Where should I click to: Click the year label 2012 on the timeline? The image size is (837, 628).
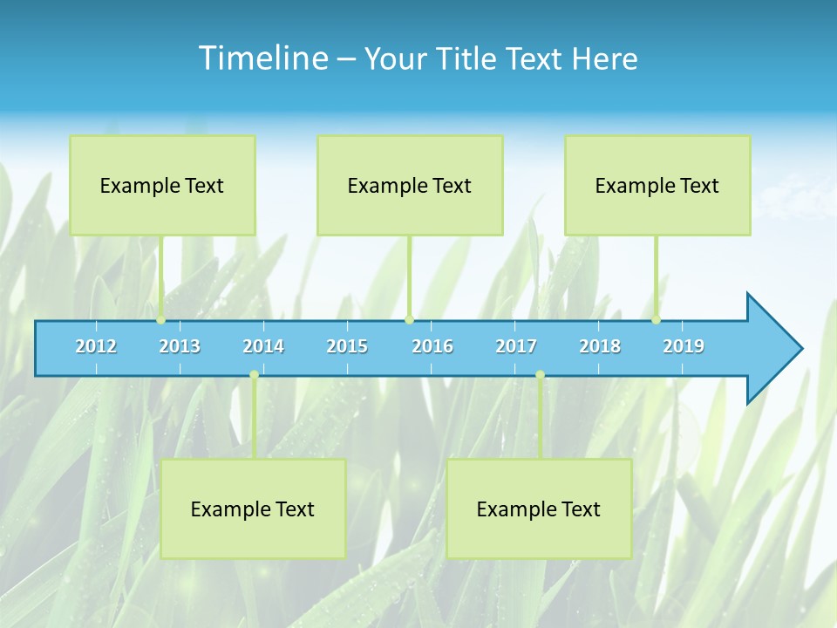click(x=96, y=346)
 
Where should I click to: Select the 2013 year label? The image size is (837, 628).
click(x=180, y=346)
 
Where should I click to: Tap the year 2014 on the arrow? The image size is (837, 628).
click(x=263, y=346)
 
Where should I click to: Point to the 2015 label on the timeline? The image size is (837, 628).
click(x=347, y=346)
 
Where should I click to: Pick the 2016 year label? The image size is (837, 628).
click(x=432, y=346)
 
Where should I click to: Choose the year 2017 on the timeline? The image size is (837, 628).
click(x=516, y=346)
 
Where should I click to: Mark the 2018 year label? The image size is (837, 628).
click(x=600, y=346)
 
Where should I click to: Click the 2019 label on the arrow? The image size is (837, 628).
click(x=684, y=346)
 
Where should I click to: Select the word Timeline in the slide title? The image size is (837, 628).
click(x=262, y=58)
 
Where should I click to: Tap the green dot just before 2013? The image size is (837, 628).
click(x=161, y=320)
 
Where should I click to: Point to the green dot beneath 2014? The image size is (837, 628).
click(x=254, y=375)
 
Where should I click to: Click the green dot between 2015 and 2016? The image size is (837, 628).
click(x=409, y=320)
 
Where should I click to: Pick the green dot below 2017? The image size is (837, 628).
click(x=540, y=375)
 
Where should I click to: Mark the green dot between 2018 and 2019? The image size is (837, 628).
click(x=656, y=320)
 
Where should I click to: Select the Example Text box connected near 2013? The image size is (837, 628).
click(x=162, y=185)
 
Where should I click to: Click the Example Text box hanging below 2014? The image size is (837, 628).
click(x=253, y=509)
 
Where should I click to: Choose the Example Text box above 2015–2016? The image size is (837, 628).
click(x=410, y=185)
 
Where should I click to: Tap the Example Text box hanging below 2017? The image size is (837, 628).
click(x=539, y=509)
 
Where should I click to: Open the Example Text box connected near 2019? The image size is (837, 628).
click(x=657, y=185)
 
